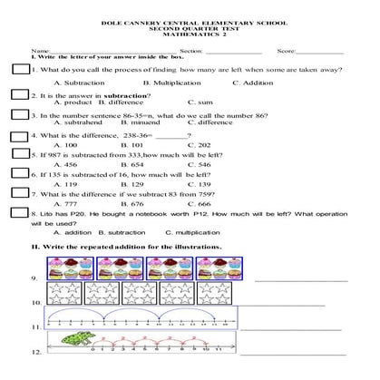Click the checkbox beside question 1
coord(21,70)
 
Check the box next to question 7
coord(20,195)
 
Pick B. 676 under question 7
coord(132,204)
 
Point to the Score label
coord(286,53)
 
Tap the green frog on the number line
coord(76,340)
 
